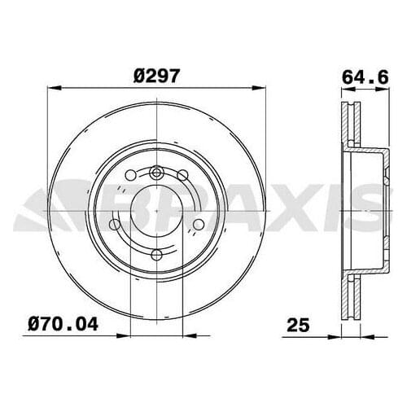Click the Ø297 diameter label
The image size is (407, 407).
(156, 75)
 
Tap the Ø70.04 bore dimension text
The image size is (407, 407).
(68, 326)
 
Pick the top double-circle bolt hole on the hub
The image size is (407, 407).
(156, 173)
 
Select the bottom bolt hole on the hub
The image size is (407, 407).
(156, 253)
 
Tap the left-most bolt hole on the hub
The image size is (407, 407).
(116, 225)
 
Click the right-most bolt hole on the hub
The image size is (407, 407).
(197, 225)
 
